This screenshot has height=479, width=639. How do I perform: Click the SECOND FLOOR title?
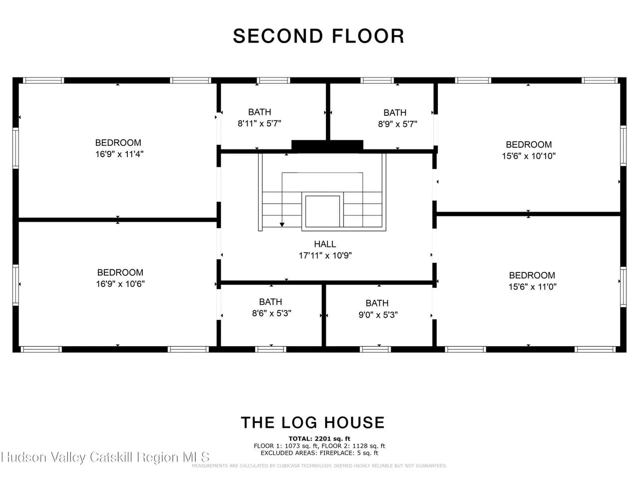[x=319, y=36]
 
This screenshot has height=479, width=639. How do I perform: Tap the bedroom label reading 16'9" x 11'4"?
[x=119, y=154]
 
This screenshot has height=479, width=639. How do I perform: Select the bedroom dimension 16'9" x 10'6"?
[x=120, y=283]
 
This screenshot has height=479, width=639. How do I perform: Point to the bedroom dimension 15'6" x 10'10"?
[x=528, y=156]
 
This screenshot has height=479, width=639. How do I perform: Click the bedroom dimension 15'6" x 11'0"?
[x=532, y=287]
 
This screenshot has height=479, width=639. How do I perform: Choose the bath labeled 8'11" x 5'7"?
[x=260, y=123]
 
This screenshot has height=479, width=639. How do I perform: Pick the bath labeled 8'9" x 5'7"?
[x=397, y=124]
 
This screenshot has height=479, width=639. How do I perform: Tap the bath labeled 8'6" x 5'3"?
[x=272, y=313]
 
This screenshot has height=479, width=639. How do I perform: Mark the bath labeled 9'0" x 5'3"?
[x=378, y=315]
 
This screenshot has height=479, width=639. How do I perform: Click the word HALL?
[x=325, y=243]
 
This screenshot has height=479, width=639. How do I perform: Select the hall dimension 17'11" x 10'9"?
[x=325, y=255]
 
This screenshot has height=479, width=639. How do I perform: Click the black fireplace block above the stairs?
[x=327, y=146]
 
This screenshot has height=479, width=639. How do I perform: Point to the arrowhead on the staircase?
[x=282, y=225]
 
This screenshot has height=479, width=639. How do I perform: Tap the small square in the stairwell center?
[x=322, y=212]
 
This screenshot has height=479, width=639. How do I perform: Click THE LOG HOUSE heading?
[x=313, y=423]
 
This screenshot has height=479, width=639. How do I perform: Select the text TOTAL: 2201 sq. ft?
[x=319, y=439]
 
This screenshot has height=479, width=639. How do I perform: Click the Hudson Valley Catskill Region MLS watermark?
[x=105, y=457]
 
